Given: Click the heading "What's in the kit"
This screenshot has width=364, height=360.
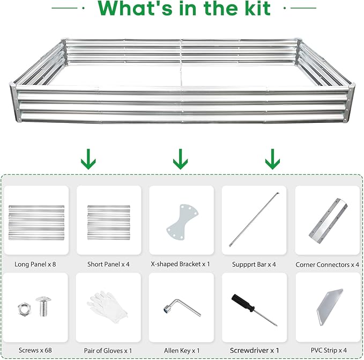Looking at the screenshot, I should [182, 9].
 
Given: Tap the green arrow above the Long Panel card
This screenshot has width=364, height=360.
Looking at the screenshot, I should [88, 159].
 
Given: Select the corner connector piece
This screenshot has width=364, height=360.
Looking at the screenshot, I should [326, 221].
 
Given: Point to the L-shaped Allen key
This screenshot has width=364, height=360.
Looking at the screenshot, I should [182, 307].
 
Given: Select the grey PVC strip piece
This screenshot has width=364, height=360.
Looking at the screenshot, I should [326, 305].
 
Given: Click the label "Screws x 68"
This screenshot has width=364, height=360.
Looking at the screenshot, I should [36, 351].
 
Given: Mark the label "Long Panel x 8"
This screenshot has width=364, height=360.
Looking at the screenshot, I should [36, 265].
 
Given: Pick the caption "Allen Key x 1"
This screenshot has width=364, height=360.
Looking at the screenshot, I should [182, 351].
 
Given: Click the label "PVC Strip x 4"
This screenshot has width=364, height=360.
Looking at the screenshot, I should [327, 351].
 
